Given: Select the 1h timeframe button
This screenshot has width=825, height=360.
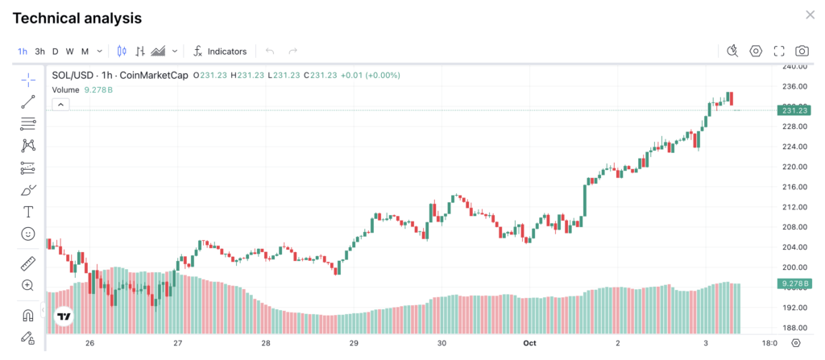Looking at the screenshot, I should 23,52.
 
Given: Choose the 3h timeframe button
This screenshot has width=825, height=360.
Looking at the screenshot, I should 39,52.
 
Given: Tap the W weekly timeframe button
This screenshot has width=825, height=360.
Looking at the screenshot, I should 70,52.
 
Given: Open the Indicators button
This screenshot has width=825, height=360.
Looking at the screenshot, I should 220,52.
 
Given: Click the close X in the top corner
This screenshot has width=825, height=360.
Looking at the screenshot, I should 810,15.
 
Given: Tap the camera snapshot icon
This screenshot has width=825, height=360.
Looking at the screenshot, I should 802,52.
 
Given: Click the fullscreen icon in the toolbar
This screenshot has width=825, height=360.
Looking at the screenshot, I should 779,52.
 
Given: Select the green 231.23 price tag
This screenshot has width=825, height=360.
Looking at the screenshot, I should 794,110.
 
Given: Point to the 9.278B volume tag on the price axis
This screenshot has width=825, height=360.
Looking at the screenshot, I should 794,283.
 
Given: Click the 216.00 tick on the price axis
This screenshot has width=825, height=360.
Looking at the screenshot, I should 794,187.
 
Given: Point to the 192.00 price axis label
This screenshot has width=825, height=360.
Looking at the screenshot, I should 794,308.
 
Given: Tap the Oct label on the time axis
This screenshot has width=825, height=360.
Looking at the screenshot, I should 529,343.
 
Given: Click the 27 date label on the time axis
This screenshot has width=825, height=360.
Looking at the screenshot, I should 178,343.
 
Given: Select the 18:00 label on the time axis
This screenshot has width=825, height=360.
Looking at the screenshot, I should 769,343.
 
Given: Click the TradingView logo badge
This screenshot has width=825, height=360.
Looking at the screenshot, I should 64,317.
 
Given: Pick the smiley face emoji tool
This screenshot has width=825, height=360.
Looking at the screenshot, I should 28,234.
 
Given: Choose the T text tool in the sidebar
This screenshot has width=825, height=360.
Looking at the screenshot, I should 28,212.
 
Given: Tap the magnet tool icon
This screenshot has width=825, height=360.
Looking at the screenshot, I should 28,315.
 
